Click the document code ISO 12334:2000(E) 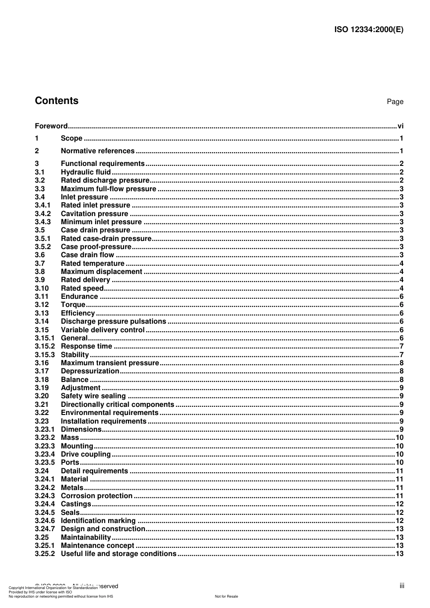(x=368, y=30)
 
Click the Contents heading (x=57, y=101)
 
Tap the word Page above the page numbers (x=395, y=102)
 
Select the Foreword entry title (x=51, y=126)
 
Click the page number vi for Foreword (x=400, y=126)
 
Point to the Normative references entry (x=97, y=151)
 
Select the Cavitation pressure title (x=94, y=213)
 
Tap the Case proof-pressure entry (x=96, y=247)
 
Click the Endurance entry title (x=79, y=297)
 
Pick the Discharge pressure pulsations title (x=113, y=321)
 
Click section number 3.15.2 (x=44, y=346)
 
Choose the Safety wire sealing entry (x=93, y=396)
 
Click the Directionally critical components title (x=117, y=405)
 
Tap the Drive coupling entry (x=86, y=454)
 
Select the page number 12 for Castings (x=399, y=504)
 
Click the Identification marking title (x=98, y=521)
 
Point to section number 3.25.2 (x=44, y=554)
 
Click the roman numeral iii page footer (x=401, y=586)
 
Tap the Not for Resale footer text (x=226, y=596)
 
